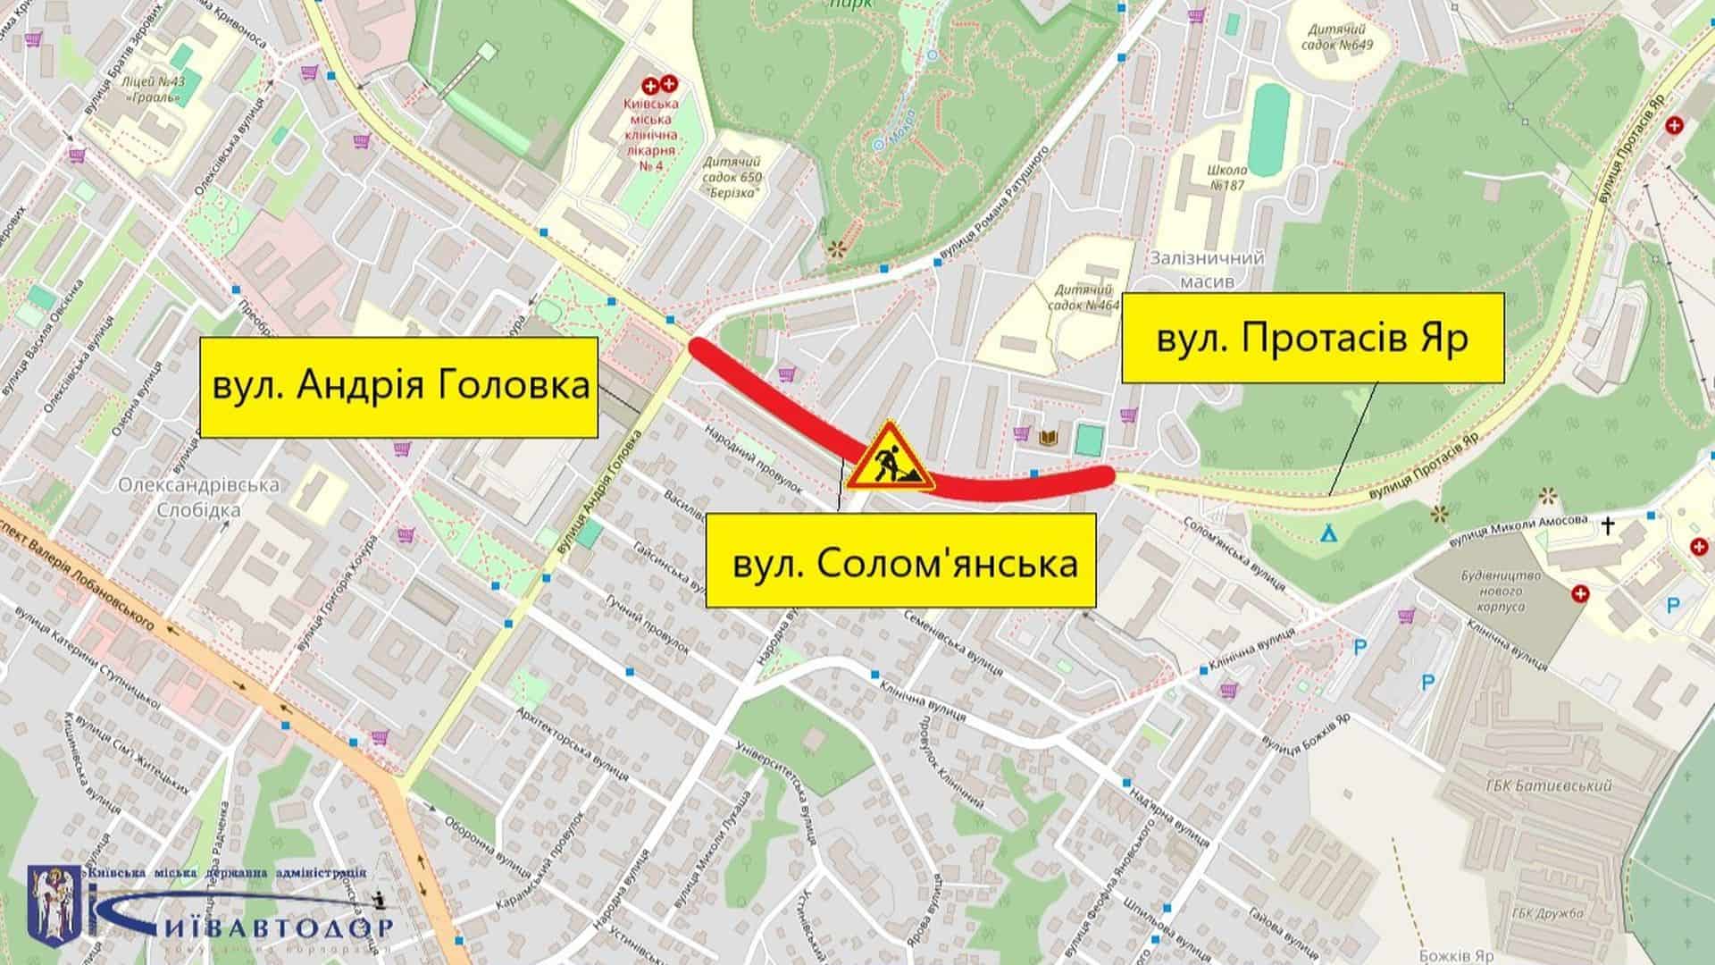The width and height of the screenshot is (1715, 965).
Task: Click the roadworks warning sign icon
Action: coord(890,458)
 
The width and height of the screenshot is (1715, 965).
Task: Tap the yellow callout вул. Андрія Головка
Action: coord(398,387)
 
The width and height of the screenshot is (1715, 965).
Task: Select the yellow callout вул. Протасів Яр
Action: coord(1313,338)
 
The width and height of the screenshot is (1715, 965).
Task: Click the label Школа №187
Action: coord(1226,176)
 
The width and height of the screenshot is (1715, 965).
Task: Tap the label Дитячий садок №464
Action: coord(1086,298)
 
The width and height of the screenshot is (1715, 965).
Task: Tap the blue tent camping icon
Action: coord(1329,533)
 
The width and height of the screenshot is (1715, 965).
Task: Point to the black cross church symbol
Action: coord(1608,526)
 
